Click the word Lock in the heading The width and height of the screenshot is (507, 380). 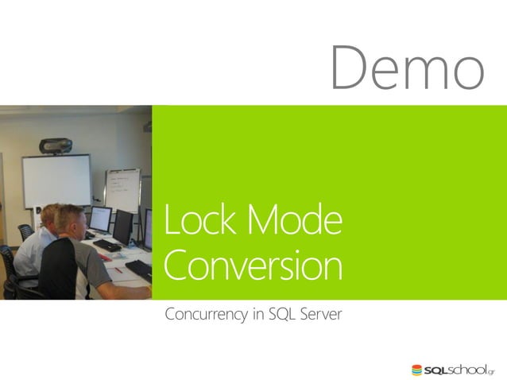[193, 222]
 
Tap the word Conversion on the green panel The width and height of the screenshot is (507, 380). [253, 266]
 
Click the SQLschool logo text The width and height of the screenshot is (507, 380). [459, 370]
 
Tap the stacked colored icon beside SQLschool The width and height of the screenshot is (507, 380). [417, 370]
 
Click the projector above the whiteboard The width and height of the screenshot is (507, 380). [56, 145]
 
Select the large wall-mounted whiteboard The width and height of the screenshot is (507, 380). [56, 180]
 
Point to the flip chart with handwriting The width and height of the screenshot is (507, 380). [122, 189]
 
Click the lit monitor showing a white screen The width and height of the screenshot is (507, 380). [101, 218]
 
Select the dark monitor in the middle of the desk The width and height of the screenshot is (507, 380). [123, 227]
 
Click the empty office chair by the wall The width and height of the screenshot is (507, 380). [25, 231]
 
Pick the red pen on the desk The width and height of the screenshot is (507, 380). [118, 269]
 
